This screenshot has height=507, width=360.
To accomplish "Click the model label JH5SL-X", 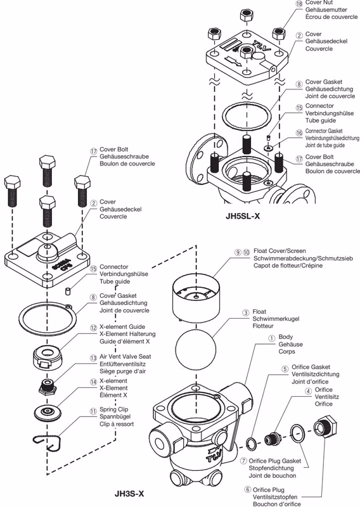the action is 243,216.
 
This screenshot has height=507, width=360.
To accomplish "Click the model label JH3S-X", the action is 129,494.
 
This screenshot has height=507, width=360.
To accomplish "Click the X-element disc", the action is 48,412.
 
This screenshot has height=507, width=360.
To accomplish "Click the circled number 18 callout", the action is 299,4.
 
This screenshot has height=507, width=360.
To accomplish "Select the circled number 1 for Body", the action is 271,338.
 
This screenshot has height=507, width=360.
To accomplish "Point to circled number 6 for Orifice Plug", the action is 247,489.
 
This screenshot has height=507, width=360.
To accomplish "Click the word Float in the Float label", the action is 259,312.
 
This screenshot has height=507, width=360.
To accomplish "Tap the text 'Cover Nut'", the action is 319,3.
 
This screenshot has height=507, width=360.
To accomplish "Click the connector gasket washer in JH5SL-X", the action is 268,148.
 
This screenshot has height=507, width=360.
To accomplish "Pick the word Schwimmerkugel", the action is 276,319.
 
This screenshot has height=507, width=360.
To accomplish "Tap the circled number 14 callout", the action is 93,382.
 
